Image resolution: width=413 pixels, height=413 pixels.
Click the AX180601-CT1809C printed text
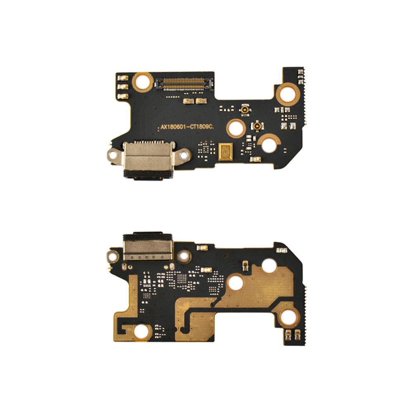[x=187, y=127]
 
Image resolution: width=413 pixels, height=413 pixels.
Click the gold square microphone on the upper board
[x=226, y=152]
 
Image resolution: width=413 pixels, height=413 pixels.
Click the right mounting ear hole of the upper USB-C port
[x=184, y=156]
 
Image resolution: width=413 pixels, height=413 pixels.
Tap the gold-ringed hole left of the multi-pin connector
[x=142, y=82]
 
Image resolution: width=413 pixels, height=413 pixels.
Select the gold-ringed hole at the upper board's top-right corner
[x=289, y=93]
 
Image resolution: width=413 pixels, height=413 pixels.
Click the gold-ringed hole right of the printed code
[x=236, y=128]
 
